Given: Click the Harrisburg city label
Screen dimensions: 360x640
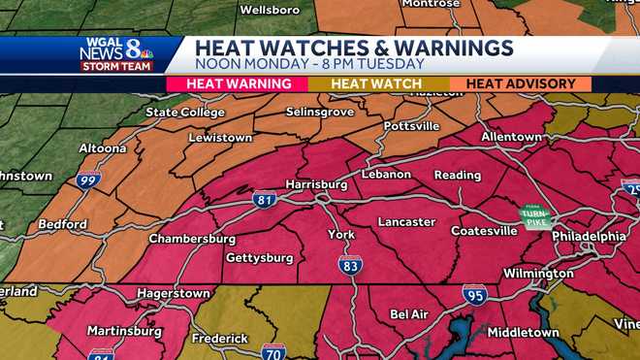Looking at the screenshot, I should [316, 183].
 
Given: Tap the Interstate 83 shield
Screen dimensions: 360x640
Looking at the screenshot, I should [350, 264].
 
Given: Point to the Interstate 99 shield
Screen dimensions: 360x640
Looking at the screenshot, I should [87, 180].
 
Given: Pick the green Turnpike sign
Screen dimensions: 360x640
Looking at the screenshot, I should [534, 216].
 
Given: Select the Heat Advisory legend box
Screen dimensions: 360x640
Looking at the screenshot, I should [521, 84].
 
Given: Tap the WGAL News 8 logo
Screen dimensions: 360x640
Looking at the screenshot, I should [118, 53].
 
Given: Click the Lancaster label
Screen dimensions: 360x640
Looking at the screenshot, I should [406, 222].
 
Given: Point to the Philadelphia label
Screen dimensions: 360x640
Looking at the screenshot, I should [589, 236].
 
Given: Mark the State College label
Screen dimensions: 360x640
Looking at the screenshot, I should [183, 113].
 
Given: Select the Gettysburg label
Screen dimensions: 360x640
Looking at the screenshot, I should [259, 258].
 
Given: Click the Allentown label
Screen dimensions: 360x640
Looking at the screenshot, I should [511, 137].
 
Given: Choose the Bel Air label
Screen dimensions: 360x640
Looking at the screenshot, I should [409, 314].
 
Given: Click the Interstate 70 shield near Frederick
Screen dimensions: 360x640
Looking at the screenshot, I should [273, 352].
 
